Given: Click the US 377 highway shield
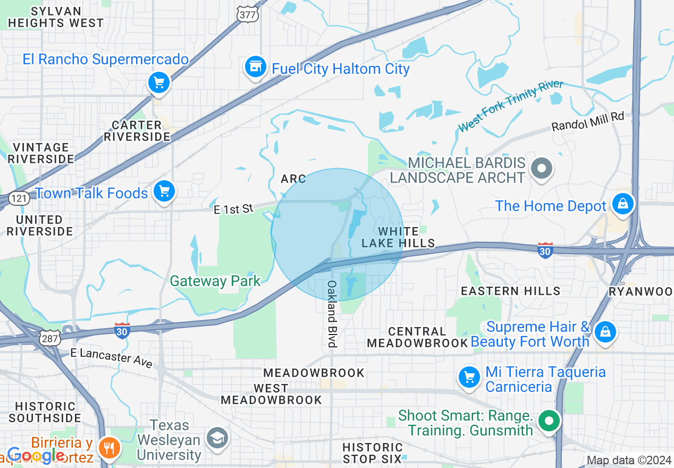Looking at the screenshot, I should click(x=248, y=14).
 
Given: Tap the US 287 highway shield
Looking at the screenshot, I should click(x=50, y=338).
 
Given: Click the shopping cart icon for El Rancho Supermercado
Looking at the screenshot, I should click(x=158, y=82).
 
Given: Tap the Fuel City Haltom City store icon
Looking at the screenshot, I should click(x=256, y=67).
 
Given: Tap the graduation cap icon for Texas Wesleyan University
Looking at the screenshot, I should click(x=217, y=438).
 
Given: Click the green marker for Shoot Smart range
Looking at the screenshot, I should click(x=549, y=421).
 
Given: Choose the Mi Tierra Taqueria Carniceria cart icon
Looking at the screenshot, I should click(x=469, y=378).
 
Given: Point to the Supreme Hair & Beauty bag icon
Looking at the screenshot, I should click(x=605, y=332).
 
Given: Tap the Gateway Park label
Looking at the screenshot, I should click(x=215, y=281).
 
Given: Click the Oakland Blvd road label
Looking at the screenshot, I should click(x=332, y=314).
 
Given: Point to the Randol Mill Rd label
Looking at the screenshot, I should click(x=587, y=122).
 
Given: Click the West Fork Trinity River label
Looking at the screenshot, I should click(x=510, y=106).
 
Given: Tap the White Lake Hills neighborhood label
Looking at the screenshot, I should click(x=398, y=237).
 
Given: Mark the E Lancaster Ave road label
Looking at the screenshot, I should click(x=111, y=358).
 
